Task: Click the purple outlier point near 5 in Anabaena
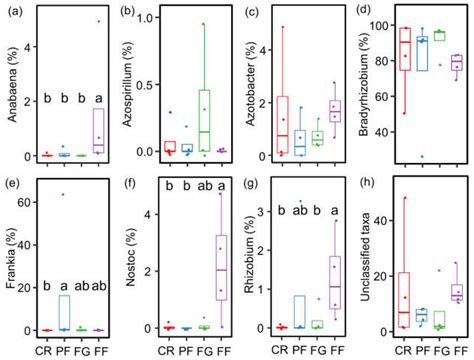click(97, 21)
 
